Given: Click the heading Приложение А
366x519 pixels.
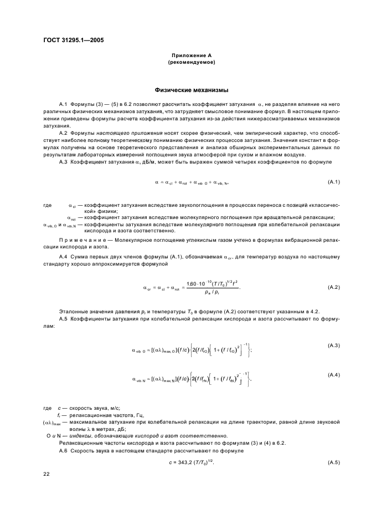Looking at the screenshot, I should (190, 56).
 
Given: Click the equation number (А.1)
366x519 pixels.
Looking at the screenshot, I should (333, 182).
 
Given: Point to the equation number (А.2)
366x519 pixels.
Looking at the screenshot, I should (333, 287).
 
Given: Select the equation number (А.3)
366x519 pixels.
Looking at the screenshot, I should (333, 345).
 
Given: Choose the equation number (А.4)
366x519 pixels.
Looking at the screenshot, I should (333, 375).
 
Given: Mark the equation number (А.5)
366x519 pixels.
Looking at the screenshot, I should (333, 462).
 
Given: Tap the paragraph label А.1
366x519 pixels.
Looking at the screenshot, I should (63, 104).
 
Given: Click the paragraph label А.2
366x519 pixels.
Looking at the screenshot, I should (63, 134).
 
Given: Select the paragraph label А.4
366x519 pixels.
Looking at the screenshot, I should (63, 257).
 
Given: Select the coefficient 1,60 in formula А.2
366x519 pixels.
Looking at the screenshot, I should (193, 283).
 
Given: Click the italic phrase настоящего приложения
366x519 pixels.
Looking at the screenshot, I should (122, 134).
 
